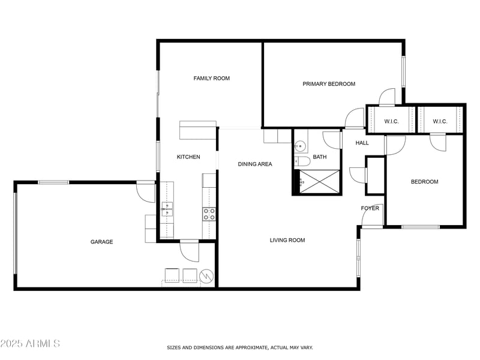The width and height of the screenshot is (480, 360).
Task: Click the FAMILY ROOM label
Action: coord(212,79)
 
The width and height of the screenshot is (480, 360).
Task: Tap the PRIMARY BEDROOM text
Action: coord(329,84)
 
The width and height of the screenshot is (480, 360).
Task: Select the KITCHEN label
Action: coord(188,157)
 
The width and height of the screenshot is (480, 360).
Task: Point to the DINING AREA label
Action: coord(255,164)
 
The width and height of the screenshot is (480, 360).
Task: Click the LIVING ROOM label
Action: coord(287,241)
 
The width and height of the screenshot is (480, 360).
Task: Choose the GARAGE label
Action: coord(101,242)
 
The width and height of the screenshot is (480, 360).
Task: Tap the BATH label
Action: coord(320,157)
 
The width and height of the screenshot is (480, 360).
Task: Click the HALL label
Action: coord(362,143)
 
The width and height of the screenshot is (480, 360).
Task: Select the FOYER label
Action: coord(370,208)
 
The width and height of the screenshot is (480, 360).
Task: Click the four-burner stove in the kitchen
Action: coord(209,214)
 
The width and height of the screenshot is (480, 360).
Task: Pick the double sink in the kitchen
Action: coord(167,209)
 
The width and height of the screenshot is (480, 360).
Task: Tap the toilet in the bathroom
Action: coord(298,161)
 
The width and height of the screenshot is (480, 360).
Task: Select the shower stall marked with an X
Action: coord(319,182)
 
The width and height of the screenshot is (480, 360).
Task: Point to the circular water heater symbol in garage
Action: coord(206,277)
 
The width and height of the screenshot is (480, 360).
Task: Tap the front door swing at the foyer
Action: coord(372,216)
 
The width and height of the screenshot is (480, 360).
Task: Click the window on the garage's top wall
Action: coord(53,182)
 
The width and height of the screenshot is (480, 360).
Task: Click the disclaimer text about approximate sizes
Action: coord(239,348)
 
